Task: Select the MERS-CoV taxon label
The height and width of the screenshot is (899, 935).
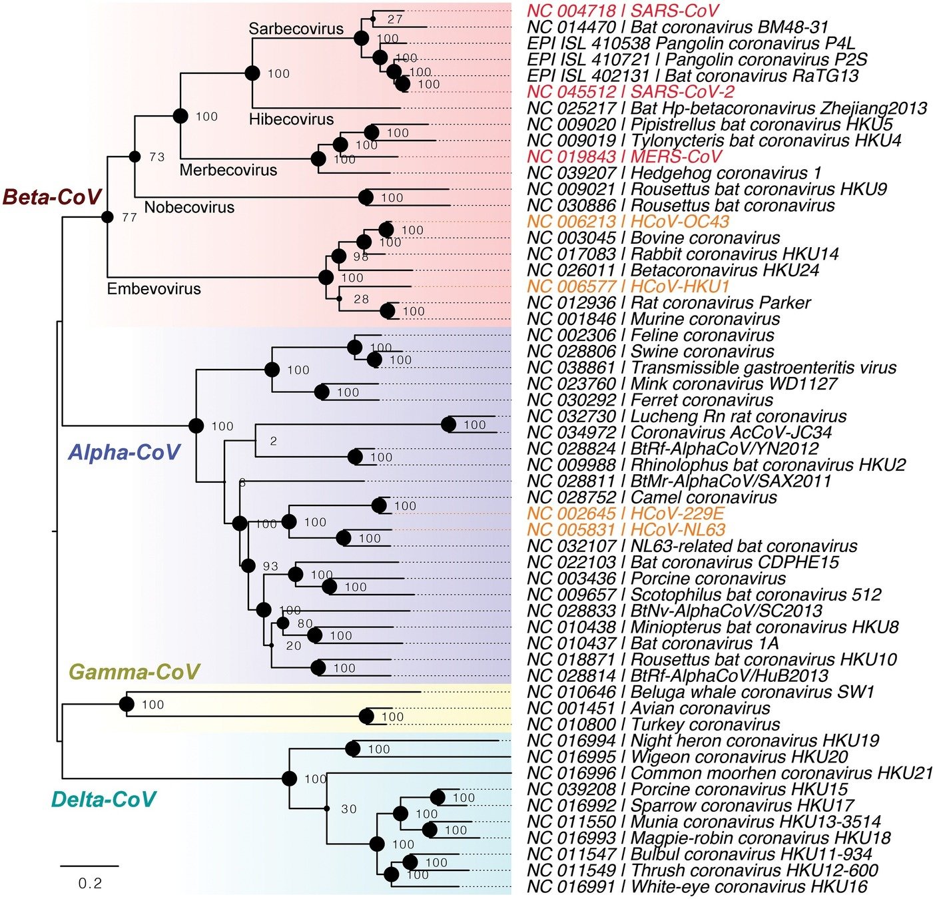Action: tap(624, 156)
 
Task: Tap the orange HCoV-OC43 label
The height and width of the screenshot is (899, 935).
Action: tap(628, 222)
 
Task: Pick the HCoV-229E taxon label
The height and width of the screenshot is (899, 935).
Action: tap(625, 513)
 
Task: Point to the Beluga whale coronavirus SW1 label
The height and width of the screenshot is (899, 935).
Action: tap(700, 692)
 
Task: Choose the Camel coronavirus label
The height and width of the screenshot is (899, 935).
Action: tap(652, 497)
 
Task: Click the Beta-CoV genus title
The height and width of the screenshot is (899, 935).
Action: tap(52, 196)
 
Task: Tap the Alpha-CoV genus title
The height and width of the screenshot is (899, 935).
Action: tap(124, 452)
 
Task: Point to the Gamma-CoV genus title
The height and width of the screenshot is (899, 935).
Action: tap(135, 671)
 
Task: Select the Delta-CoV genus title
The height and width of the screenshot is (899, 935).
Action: tap(103, 798)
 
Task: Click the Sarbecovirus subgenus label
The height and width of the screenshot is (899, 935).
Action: tap(296, 29)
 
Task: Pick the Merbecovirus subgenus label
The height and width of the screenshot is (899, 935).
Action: tap(228, 170)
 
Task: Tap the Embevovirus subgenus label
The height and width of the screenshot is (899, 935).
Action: tap(154, 288)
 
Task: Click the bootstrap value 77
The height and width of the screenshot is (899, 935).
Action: tap(129, 217)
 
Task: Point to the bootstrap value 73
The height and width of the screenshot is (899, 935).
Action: tap(156, 157)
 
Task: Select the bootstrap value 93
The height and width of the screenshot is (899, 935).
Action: tap(270, 566)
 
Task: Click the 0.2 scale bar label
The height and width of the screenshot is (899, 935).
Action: tap(90, 883)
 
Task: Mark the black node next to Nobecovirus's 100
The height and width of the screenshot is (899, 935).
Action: tap(366, 197)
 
